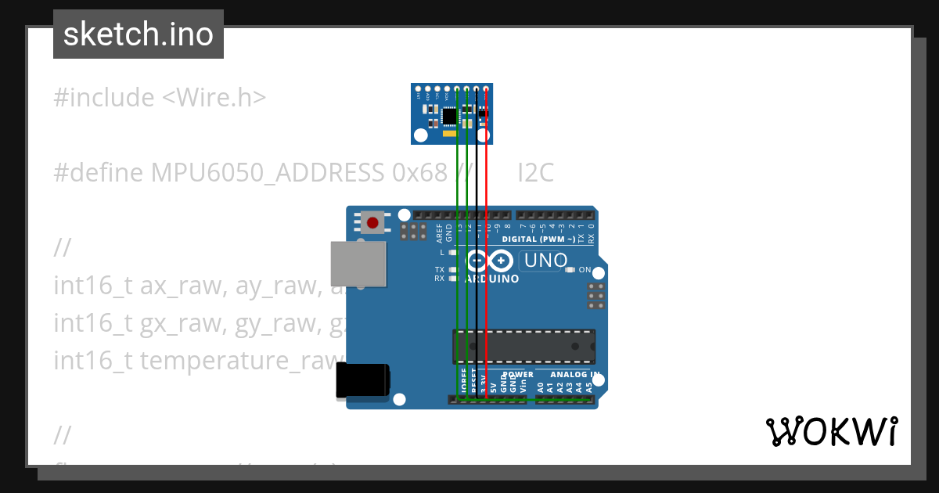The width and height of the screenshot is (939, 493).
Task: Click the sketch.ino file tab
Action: click(139, 34)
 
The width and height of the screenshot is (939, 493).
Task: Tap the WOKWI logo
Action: click(831, 431)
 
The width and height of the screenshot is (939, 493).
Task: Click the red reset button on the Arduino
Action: click(372, 222)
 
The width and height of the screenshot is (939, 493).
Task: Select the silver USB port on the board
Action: click(358, 263)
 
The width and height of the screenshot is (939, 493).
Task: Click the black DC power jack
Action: click(362, 382)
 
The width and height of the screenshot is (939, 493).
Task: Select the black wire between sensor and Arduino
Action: click(477, 297)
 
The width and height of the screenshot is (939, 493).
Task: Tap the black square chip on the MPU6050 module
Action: click(449, 116)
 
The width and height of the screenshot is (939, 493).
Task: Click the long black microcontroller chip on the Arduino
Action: click(523, 346)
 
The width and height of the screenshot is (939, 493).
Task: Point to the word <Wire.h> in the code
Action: click(214, 98)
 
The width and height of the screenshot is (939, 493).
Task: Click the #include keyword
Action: click(104, 98)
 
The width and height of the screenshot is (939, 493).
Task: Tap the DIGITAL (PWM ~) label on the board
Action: click(539, 239)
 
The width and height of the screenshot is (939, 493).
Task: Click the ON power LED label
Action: click(585, 270)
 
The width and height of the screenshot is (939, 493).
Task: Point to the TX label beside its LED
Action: click(439, 269)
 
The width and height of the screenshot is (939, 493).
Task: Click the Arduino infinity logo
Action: click(490, 261)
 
